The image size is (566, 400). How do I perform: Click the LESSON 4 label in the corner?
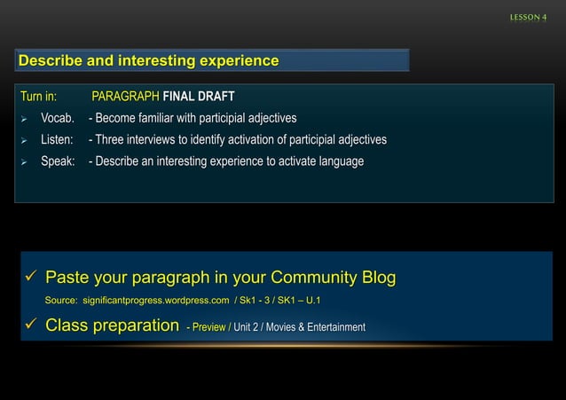click(528, 19)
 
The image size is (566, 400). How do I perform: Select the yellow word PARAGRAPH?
click(125, 96)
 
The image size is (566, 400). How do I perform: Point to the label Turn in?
click(38, 96)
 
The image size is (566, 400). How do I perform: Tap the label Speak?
click(58, 161)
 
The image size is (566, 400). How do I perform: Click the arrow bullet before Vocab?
click(25, 119)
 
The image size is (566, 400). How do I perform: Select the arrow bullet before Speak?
click(25, 162)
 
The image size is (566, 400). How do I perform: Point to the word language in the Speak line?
click(340, 161)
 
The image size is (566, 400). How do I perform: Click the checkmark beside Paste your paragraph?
click(29, 278)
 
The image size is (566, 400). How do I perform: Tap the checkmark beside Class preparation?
click(29, 325)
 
